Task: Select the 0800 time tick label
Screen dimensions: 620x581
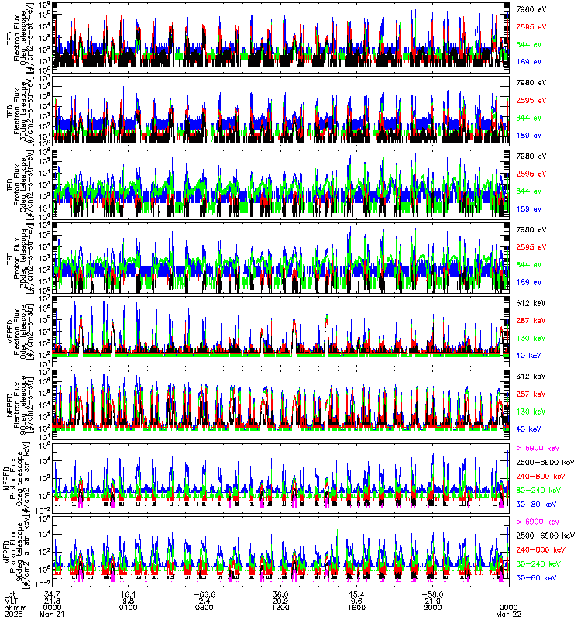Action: click(x=205, y=606)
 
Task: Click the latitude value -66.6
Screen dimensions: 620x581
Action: click(x=204, y=592)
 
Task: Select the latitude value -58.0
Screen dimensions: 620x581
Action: click(x=431, y=592)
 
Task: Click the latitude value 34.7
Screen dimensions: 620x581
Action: click(x=53, y=592)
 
